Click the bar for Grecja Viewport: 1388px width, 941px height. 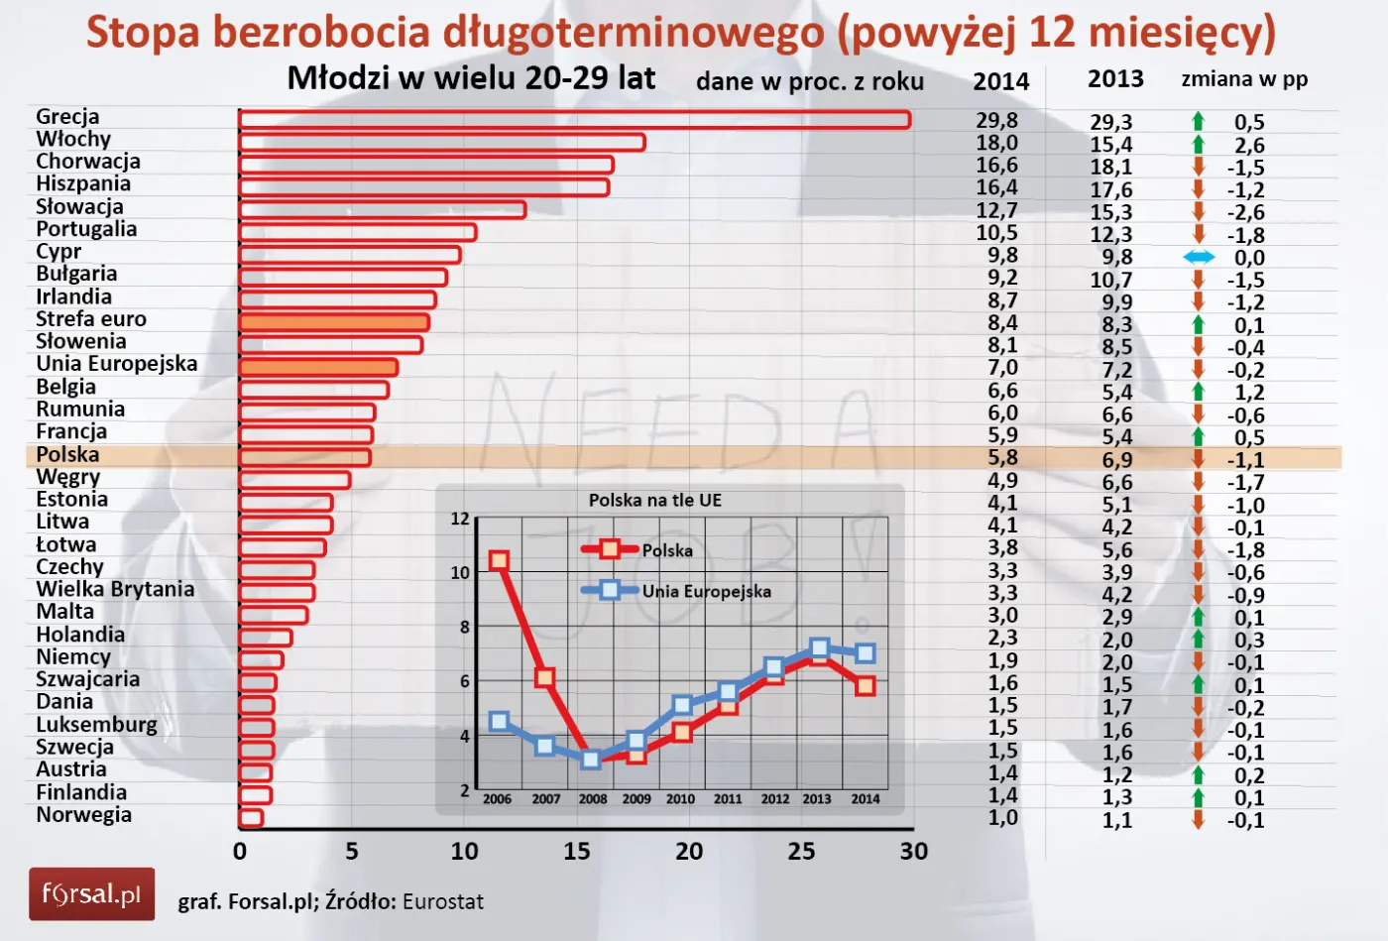coord(575,120)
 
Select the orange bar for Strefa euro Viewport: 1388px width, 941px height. coord(335,322)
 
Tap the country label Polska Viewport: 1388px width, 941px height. coord(67,455)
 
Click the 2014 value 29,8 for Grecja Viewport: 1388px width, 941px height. coord(996,121)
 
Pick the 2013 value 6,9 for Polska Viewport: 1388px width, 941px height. coord(1116,460)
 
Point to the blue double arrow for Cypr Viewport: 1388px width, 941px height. coord(1198,258)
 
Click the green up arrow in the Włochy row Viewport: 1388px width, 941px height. coord(1198,145)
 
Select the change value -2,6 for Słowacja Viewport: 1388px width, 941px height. coord(1245,212)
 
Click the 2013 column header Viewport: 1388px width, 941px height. coord(1115,79)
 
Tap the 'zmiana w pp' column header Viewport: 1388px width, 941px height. coord(1244,79)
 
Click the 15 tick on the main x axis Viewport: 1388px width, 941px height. coord(576,852)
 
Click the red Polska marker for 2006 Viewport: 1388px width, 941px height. coord(500,561)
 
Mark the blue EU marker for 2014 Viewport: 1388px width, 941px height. coord(865,653)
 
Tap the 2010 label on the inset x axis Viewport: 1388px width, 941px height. coord(680,799)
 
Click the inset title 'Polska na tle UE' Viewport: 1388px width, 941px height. coord(655,501)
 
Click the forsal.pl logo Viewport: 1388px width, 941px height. coord(91,894)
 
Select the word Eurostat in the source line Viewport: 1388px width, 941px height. coord(443,902)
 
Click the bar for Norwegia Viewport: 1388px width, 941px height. coord(251,818)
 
